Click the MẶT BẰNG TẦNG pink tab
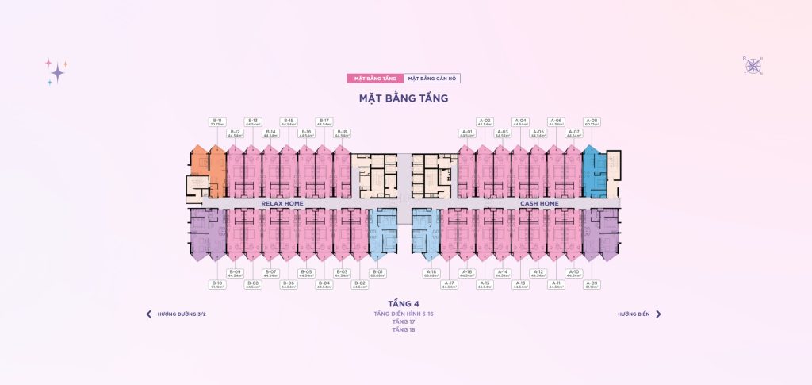[x=375, y=79]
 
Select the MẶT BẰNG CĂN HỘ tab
[x=432, y=79]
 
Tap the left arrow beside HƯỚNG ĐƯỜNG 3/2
[x=148, y=314]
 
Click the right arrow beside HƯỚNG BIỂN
[x=658, y=314]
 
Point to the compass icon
[x=751, y=65]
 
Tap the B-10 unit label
[x=216, y=283]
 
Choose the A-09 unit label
[x=591, y=283]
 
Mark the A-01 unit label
[x=467, y=133]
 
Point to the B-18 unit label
[x=342, y=133]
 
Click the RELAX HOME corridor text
[x=282, y=204]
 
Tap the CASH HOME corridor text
[x=539, y=204]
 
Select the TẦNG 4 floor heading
[x=403, y=304]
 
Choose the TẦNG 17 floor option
[x=403, y=321]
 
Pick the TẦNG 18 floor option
[x=403, y=329]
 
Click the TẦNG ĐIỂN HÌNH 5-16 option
[x=403, y=314]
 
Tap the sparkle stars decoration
[x=56, y=71]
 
